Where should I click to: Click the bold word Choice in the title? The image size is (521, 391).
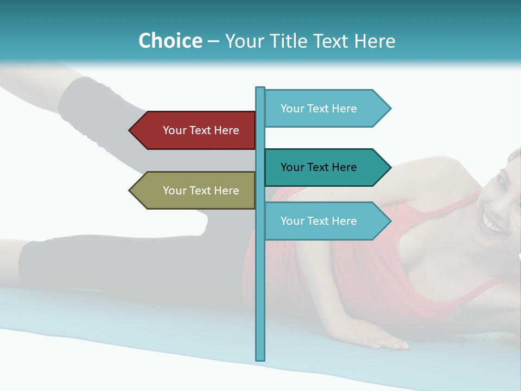point(170,41)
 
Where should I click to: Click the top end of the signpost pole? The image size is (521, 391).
point(260,89)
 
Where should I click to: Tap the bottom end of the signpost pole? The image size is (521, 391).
point(260,358)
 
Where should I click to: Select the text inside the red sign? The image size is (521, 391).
point(201,130)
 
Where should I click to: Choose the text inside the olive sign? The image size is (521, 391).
point(201,191)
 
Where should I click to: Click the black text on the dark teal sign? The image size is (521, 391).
point(319,167)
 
